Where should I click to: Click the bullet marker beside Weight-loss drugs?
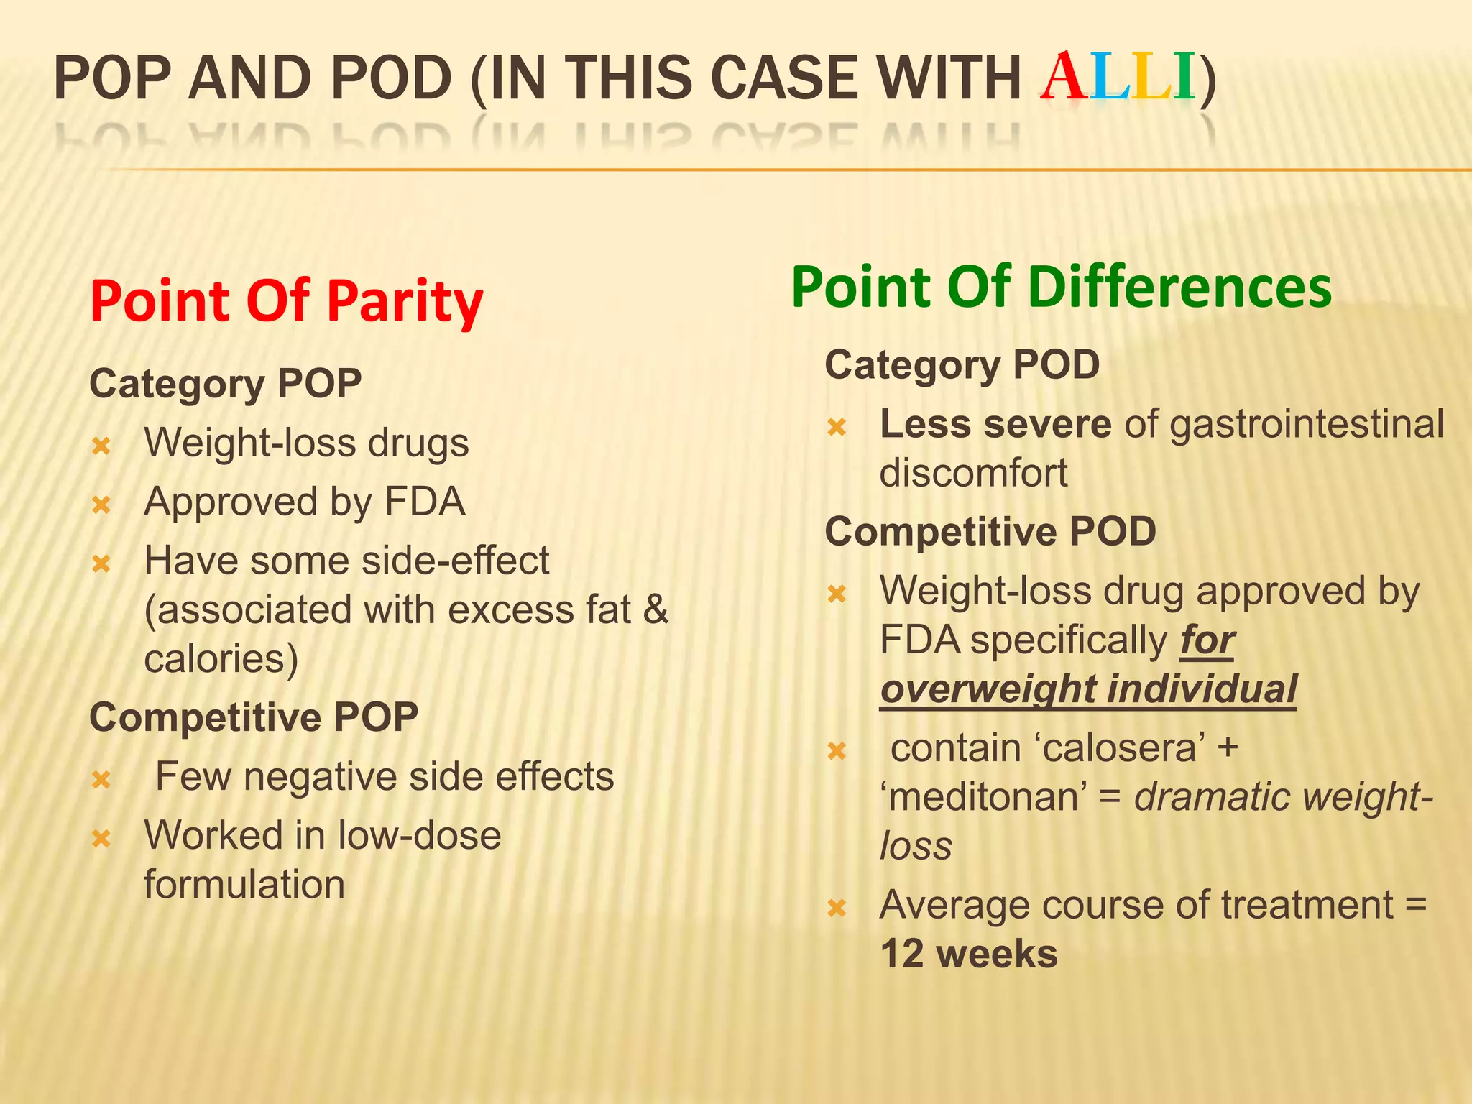coord(101,446)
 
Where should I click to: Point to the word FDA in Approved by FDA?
coord(425,502)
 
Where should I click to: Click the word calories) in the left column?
coord(221,658)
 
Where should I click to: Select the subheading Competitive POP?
coord(254,717)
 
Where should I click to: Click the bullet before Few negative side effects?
coord(101,779)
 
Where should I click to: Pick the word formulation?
coord(244,884)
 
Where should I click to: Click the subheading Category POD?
coord(962,364)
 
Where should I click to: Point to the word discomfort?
coord(973,473)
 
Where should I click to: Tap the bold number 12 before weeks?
coord(903,954)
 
